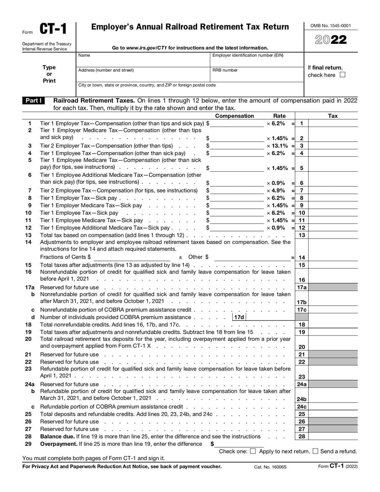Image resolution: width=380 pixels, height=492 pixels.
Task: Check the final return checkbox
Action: click(x=343, y=75)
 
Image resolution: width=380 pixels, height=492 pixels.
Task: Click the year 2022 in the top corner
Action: click(x=331, y=40)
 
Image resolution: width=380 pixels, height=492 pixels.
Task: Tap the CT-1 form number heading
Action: click(x=53, y=29)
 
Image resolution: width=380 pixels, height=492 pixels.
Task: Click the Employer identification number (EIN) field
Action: click(x=256, y=62)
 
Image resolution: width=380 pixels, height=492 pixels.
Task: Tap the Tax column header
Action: click(x=333, y=116)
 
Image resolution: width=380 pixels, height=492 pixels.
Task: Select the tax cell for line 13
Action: click(x=333, y=235)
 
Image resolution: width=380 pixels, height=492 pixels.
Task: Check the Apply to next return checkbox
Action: click(x=253, y=451)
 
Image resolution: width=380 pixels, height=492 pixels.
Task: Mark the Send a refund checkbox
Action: click(x=315, y=451)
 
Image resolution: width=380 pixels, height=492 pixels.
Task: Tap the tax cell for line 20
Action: click(x=333, y=347)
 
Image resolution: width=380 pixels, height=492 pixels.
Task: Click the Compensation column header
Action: click(x=235, y=116)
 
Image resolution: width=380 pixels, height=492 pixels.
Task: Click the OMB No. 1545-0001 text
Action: click(x=331, y=26)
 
